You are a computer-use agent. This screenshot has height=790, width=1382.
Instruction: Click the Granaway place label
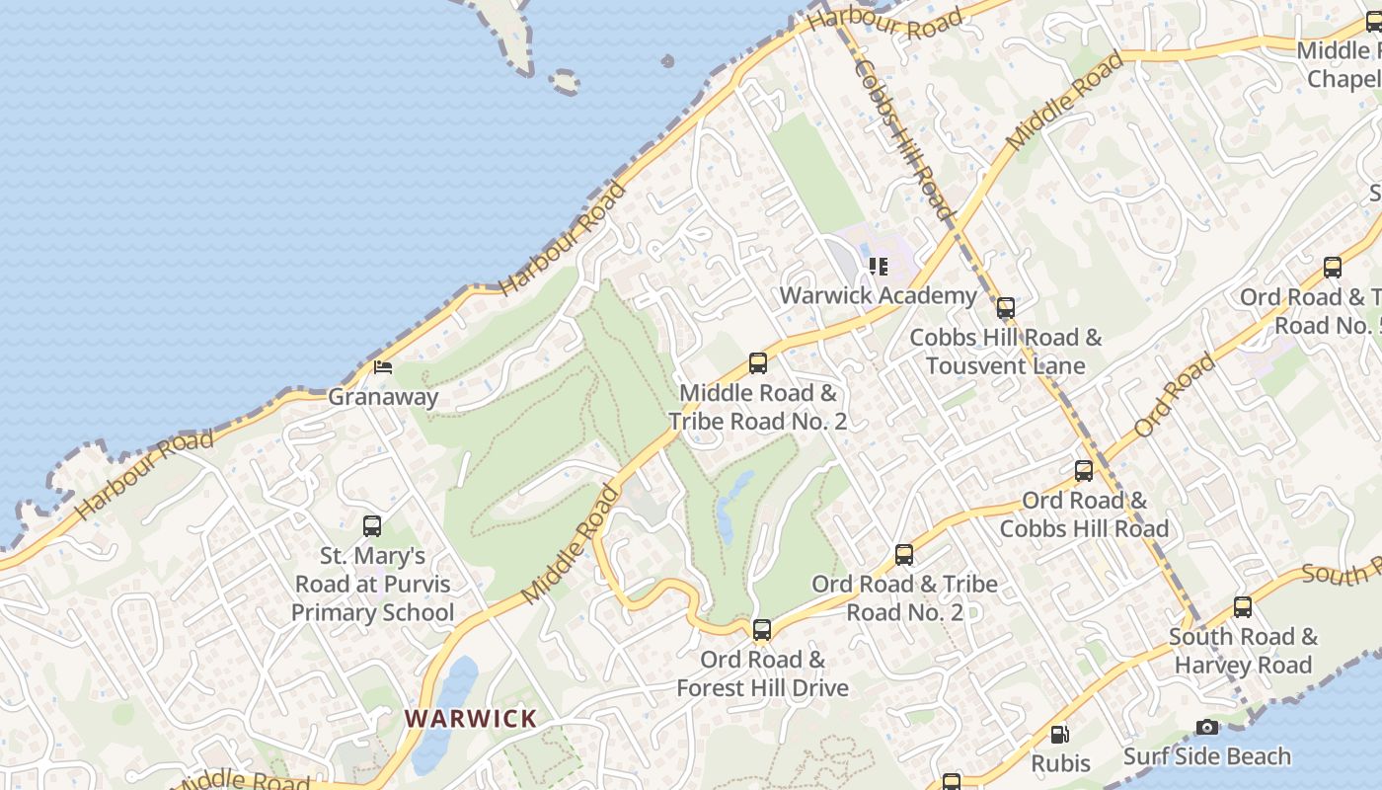click(x=383, y=397)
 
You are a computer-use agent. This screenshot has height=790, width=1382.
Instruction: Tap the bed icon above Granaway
click(x=383, y=368)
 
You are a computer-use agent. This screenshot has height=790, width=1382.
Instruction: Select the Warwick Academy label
click(x=878, y=295)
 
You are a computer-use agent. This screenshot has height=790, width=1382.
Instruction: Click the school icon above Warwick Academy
click(x=878, y=267)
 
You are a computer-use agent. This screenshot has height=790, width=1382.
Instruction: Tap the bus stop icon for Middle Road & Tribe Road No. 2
click(x=758, y=363)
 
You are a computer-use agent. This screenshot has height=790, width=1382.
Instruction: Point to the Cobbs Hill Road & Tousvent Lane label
click(x=1005, y=351)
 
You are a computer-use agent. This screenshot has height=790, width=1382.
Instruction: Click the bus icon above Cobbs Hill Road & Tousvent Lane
click(x=1005, y=308)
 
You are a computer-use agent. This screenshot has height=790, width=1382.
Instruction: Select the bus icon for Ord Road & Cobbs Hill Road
click(x=1084, y=471)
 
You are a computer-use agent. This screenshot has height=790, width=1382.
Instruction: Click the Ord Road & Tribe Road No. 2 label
click(x=904, y=597)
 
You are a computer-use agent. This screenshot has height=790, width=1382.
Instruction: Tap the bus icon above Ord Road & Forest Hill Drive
click(x=761, y=630)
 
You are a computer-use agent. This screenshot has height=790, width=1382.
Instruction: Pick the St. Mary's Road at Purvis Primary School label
click(x=372, y=584)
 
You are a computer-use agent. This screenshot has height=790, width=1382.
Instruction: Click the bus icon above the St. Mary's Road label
click(x=372, y=526)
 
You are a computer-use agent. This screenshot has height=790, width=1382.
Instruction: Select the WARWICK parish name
click(x=471, y=718)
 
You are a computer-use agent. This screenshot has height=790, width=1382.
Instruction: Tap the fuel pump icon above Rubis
click(x=1059, y=735)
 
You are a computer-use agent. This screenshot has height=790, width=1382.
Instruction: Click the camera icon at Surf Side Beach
click(x=1206, y=728)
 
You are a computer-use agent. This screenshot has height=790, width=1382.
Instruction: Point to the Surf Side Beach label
click(x=1206, y=756)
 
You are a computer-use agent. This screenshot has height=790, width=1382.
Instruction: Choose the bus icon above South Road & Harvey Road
click(x=1243, y=607)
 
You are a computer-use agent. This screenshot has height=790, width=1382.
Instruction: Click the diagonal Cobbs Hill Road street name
click(x=904, y=138)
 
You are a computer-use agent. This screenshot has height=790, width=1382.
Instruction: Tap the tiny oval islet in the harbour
click(x=565, y=82)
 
